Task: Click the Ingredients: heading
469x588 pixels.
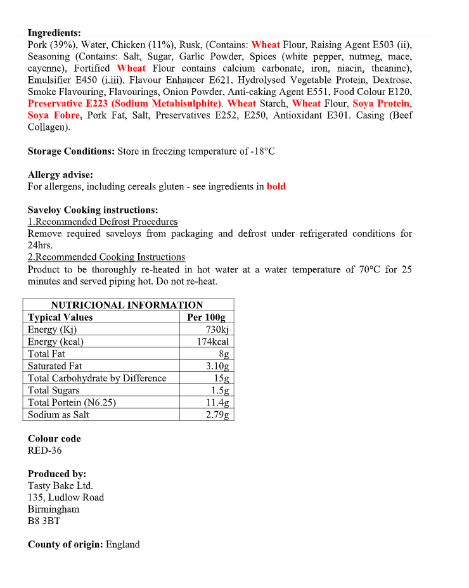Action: [54, 33]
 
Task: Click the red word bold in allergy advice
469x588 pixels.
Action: [276, 187]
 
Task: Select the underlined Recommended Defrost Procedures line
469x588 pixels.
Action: [103, 222]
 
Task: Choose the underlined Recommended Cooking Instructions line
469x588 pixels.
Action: [106, 257]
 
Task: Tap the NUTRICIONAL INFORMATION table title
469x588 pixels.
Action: [127, 305]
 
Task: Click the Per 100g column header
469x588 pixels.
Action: [206, 317]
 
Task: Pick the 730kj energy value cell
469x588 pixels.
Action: [217, 329]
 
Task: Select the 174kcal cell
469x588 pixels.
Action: [212, 342]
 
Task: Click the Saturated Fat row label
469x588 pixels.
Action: [55, 366]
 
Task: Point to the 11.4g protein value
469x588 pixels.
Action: [217, 402]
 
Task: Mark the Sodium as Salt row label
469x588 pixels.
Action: [58, 415]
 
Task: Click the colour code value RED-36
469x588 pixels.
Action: [44, 451]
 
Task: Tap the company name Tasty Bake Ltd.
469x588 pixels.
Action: [60, 486]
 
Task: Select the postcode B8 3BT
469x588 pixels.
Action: [44, 521]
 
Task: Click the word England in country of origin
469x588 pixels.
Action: [122, 545]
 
